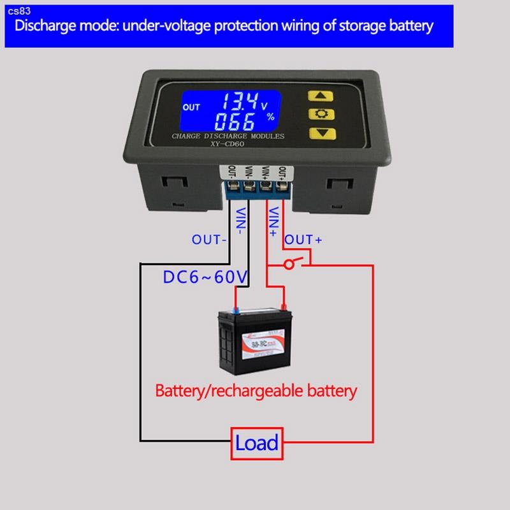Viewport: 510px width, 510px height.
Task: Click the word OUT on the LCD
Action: [191, 107]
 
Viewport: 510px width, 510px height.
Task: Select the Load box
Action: [256, 442]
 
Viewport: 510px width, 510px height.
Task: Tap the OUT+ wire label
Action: [303, 240]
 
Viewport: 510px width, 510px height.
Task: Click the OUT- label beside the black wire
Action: [210, 240]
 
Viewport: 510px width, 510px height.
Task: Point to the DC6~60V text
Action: [205, 277]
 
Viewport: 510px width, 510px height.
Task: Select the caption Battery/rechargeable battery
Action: [256, 390]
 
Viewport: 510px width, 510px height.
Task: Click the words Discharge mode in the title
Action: [54, 26]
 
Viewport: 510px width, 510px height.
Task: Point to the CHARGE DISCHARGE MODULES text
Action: [228, 136]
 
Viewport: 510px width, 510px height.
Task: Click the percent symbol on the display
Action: [270, 117]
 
